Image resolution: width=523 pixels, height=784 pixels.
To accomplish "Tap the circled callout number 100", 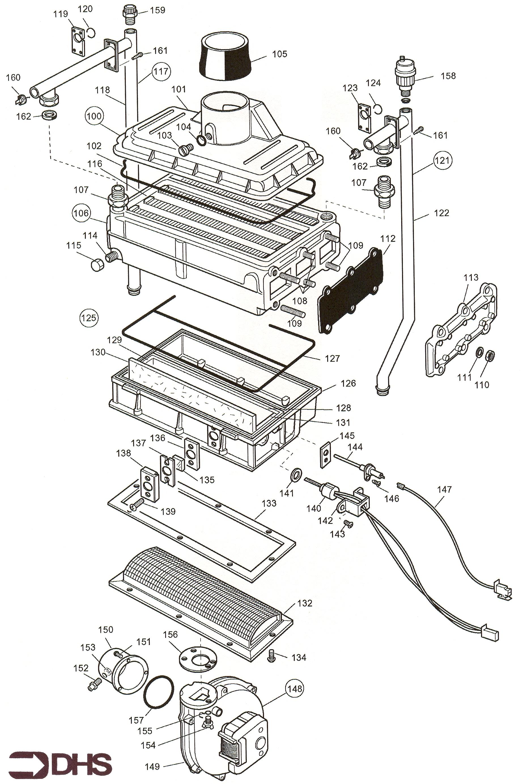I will (x=94, y=116).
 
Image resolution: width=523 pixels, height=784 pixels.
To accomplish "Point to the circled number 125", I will (x=89, y=318).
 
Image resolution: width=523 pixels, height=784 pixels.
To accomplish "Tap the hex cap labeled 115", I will (x=97, y=265).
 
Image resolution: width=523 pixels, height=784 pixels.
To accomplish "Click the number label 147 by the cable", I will (x=444, y=489).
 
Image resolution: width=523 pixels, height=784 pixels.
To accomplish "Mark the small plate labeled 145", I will (x=326, y=455).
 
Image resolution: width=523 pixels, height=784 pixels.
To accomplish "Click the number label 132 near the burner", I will (x=305, y=603).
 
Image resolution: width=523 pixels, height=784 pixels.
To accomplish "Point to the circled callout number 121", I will (x=442, y=160).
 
